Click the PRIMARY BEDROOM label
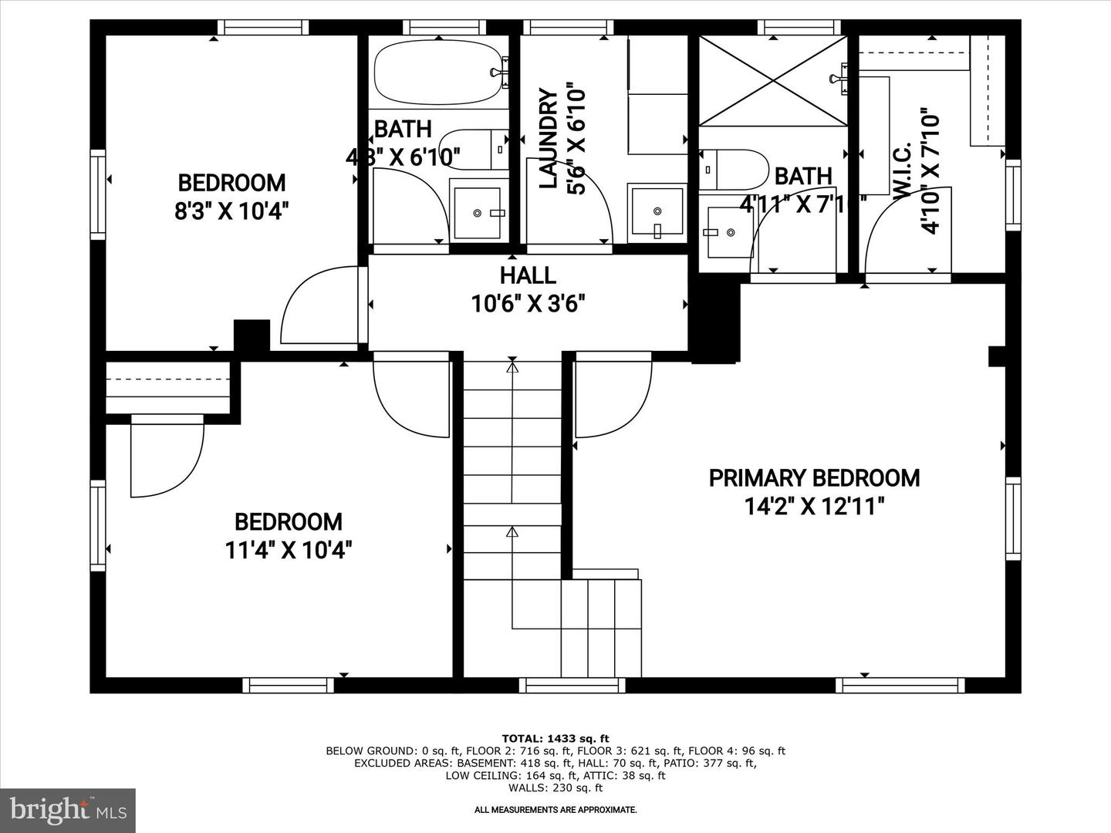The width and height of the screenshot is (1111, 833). pyautogui.click(x=814, y=478)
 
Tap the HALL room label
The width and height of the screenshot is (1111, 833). pyautogui.click(x=528, y=275)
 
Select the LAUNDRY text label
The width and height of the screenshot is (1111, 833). pyautogui.click(x=548, y=139)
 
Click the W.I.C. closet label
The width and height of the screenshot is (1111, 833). pyautogui.click(x=903, y=171)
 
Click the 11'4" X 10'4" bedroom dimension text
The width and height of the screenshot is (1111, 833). pyautogui.click(x=289, y=551)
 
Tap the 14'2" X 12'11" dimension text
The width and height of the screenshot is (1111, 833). pyautogui.click(x=814, y=507)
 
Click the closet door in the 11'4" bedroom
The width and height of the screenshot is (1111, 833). pyautogui.click(x=166, y=459)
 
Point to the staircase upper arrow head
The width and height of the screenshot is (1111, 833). pyautogui.click(x=512, y=367)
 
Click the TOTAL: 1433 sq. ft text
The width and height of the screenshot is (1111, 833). pyautogui.click(x=555, y=738)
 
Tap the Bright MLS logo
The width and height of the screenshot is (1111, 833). pyautogui.click(x=68, y=810)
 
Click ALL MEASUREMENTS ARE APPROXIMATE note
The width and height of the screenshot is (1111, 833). pyautogui.click(x=555, y=810)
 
